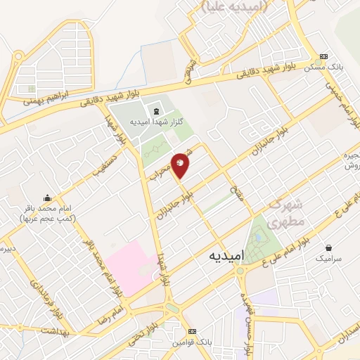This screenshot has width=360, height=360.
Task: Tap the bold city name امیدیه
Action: (x=227, y=257)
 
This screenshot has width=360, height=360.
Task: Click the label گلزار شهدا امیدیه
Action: (x=157, y=122)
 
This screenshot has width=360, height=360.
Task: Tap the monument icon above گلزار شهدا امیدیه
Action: (x=156, y=111)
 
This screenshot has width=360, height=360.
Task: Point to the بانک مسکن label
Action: (x=323, y=67)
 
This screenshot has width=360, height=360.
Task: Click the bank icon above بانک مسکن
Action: (x=323, y=57)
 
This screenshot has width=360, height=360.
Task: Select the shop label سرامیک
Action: (x=328, y=259)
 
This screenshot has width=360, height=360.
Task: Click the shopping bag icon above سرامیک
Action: (x=328, y=247)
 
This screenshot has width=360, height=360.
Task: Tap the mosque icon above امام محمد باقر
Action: (x=47, y=198)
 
